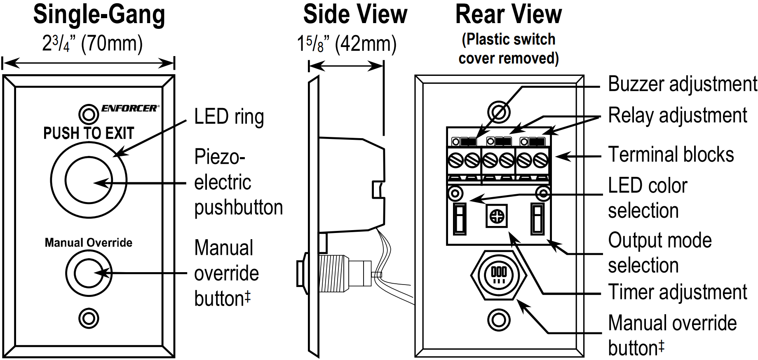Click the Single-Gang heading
coord(99,15)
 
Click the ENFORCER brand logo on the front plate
coord(129,108)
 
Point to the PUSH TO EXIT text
coord(89,133)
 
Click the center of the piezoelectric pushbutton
coord(89,180)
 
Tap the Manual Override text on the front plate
coord(89,242)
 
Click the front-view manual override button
coord(89,273)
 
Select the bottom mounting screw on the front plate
coord(89,318)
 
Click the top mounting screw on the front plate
coord(88,114)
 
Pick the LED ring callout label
coord(229,117)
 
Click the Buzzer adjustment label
coord(682,85)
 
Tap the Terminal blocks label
coord(671,155)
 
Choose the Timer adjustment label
coord(678,292)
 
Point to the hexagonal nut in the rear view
coord(499,274)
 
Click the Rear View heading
coord(508,15)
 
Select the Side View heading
coord(355,15)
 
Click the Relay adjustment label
coord(678,115)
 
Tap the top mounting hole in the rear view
coord(499,112)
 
